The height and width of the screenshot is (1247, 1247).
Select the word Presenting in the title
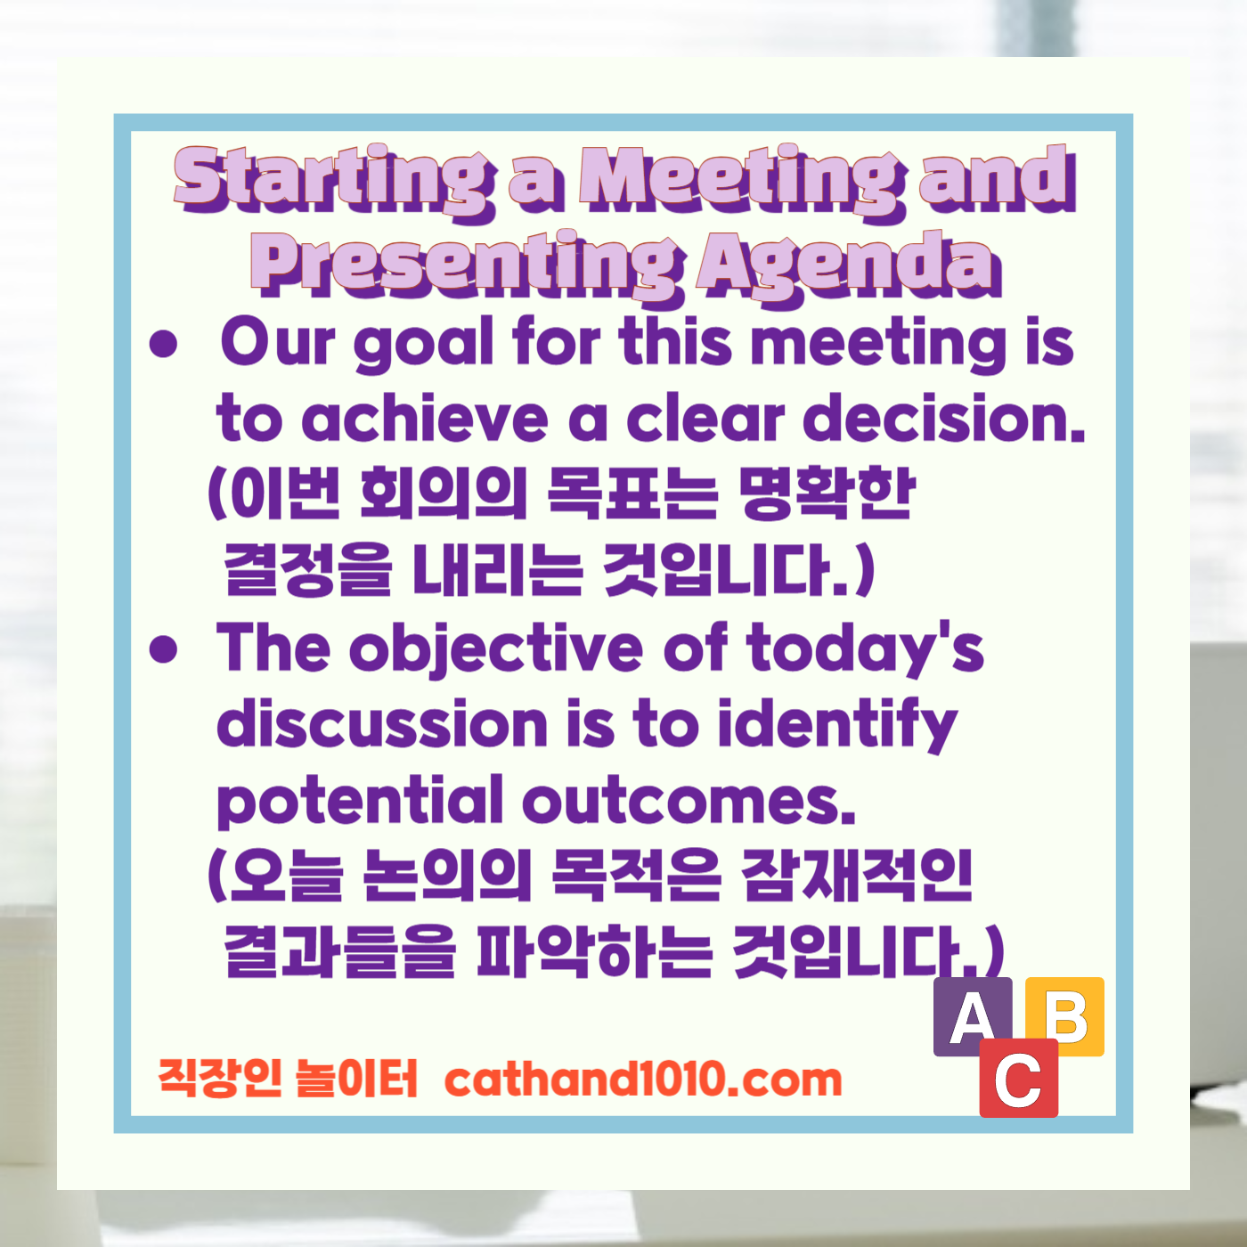tap(467, 264)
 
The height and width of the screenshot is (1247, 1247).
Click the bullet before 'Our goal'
tap(164, 344)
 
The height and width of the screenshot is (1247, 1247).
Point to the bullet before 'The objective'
tap(164, 649)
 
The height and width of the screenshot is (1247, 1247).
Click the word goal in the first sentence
tap(424, 344)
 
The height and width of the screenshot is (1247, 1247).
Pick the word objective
tap(495, 649)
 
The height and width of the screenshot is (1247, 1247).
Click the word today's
tap(865, 649)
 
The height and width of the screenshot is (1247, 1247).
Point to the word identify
tap(837, 725)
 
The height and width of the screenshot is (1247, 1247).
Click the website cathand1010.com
tap(642, 1080)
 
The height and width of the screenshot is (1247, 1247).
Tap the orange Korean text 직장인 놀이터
tap(288, 1079)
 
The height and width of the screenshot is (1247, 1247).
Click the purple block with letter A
tap(972, 1016)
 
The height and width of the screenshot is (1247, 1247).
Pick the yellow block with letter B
tap(1065, 1016)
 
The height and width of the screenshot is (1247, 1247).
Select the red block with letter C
tap(1018, 1079)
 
